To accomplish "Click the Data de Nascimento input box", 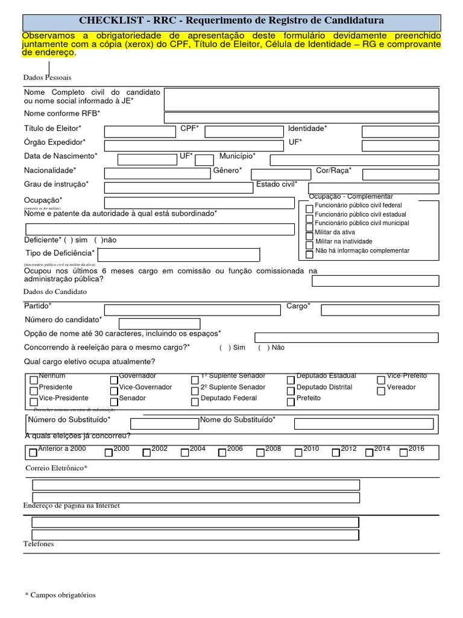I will pos(146,160).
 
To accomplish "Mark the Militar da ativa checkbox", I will pos(310,235).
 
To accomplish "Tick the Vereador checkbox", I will pos(382,391).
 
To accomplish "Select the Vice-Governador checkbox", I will pos(115,391).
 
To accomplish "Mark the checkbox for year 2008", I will pos(260,453).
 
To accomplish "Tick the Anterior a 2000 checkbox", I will pos(33,453).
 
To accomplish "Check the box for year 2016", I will pos(404,453).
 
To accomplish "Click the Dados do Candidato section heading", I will pos(55,292).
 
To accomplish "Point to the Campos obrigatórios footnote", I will pos(60,595).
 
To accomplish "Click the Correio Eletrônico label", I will pos(56,468).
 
